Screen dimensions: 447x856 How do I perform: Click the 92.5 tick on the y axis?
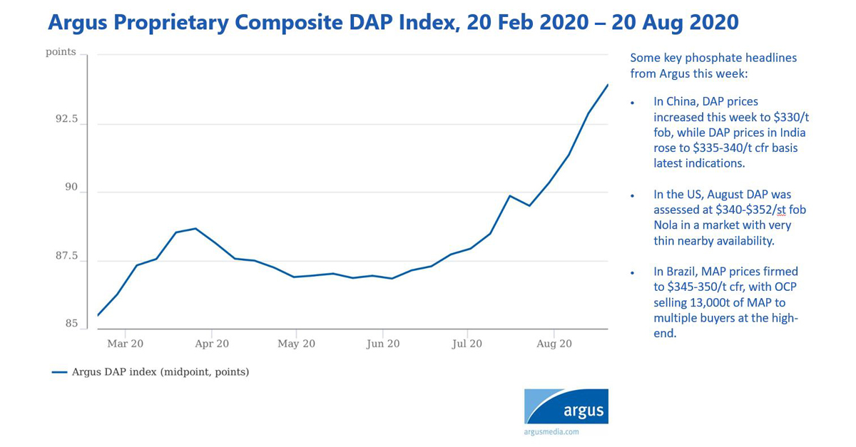[66, 120]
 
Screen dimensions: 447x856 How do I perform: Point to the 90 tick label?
[71, 187]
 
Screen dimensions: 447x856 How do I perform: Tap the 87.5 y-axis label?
[66, 256]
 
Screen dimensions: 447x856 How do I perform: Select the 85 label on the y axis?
[71, 324]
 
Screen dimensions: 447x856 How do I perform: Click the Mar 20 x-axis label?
[125, 344]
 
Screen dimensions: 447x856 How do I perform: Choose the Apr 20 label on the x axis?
[211, 344]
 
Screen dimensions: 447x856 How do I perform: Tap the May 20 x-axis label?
[297, 344]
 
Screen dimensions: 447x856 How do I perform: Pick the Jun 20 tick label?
[382, 344]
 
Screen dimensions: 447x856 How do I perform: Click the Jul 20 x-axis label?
[467, 344]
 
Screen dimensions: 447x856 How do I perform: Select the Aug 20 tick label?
[554, 344]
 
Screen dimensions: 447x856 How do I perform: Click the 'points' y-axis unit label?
[61, 52]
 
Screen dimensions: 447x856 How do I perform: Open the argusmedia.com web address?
[551, 431]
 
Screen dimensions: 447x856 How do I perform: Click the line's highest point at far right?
[608, 85]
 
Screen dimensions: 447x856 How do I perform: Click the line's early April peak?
[195, 229]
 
